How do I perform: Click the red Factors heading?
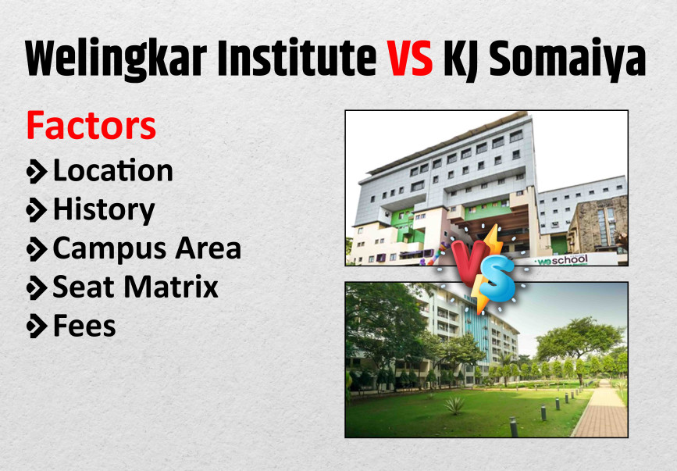[91, 126]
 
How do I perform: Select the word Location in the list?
[112, 170]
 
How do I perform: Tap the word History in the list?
[103, 209]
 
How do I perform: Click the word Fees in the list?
[84, 326]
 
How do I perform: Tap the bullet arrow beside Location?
[36, 170]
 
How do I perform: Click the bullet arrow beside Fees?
[36, 326]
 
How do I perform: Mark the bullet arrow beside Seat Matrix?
[36, 287]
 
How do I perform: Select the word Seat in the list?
[82, 287]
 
